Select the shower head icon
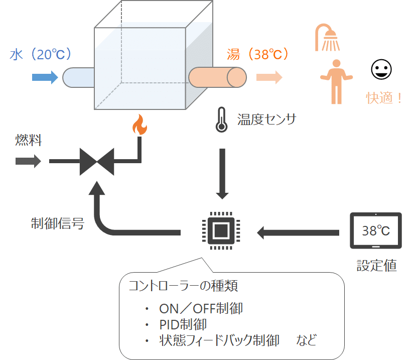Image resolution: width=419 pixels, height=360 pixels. (x=327, y=39)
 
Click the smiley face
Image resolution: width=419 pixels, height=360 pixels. (x=381, y=70)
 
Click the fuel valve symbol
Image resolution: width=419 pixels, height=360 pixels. (x=97, y=162)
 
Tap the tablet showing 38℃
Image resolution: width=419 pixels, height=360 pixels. (x=376, y=231)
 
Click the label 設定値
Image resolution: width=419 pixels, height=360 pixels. (x=376, y=265)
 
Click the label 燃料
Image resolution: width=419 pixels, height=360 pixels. (x=29, y=140)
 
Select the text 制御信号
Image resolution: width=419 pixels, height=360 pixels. (x=57, y=223)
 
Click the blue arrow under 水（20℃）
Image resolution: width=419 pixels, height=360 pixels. (x=45, y=77)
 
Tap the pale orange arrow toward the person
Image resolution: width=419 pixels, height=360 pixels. (x=269, y=77)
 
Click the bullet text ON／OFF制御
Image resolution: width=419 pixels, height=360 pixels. (x=201, y=308)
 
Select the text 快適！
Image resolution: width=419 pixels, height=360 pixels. (x=384, y=98)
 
